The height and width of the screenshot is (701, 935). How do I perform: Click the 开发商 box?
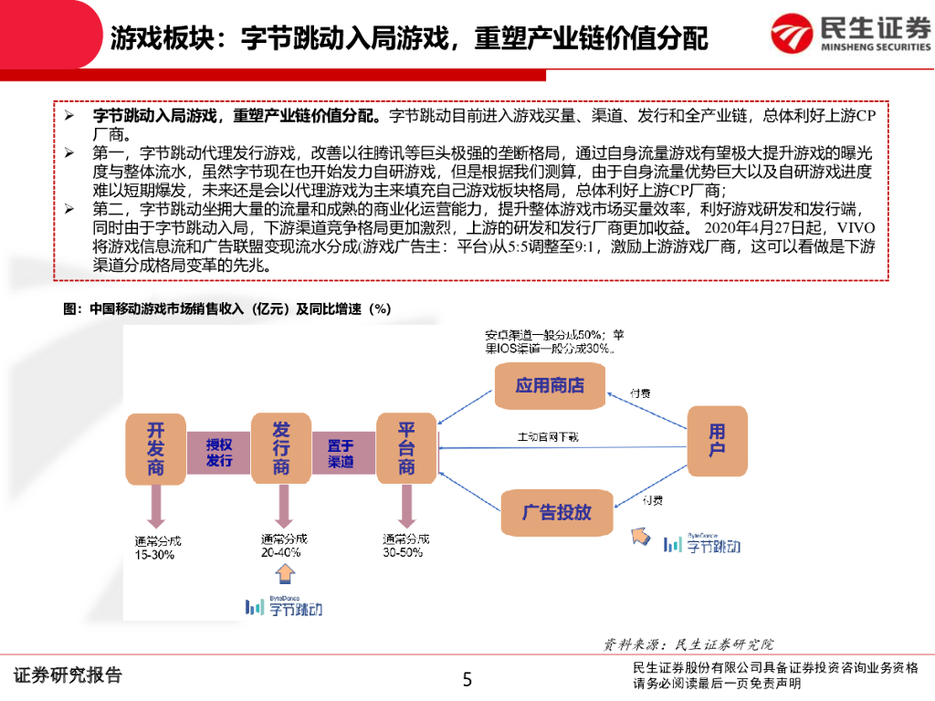click(x=155, y=448)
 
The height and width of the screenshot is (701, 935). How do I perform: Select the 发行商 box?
click(x=281, y=448)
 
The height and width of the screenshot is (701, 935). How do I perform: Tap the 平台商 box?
click(x=406, y=448)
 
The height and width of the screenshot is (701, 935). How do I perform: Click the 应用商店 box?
click(x=550, y=384)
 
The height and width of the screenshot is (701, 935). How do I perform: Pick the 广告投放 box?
click(x=557, y=511)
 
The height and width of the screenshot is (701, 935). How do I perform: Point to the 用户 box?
click(x=717, y=440)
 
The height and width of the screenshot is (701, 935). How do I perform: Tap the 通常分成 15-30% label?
click(x=157, y=547)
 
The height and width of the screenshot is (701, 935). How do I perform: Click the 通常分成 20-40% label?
click(x=284, y=545)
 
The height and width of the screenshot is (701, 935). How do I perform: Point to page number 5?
click(x=467, y=679)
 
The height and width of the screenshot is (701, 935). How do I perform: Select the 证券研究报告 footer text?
click(x=68, y=676)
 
